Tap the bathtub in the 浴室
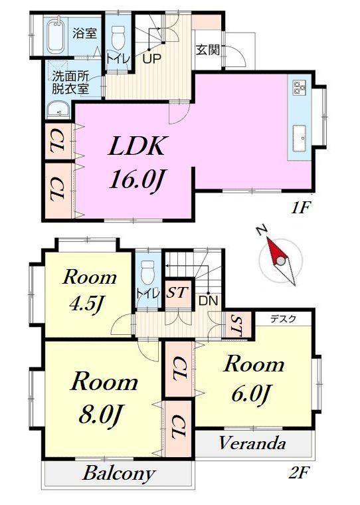point(57,35)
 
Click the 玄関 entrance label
point(208,50)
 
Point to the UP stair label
point(151,59)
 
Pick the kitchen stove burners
point(299,87)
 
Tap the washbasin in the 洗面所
point(58,110)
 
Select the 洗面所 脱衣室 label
point(70,82)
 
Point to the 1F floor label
point(300,209)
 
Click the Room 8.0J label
point(104,398)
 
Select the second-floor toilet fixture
point(147,272)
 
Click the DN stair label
point(208,301)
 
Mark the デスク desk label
point(283,319)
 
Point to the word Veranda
point(252,443)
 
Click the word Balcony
point(118,474)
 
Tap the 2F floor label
point(299,473)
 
